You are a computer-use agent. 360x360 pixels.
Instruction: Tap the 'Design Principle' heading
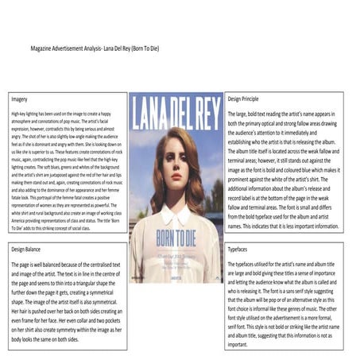coord(246,100)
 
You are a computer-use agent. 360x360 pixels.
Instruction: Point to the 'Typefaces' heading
coord(238,249)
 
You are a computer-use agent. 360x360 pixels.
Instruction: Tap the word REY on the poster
coord(203,114)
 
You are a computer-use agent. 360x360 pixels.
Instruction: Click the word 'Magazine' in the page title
coord(45,48)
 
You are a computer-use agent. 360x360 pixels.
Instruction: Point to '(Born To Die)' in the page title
coord(144,48)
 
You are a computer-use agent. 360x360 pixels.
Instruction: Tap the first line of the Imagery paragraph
coord(64,114)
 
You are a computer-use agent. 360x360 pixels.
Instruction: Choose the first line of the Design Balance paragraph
coord(67,263)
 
